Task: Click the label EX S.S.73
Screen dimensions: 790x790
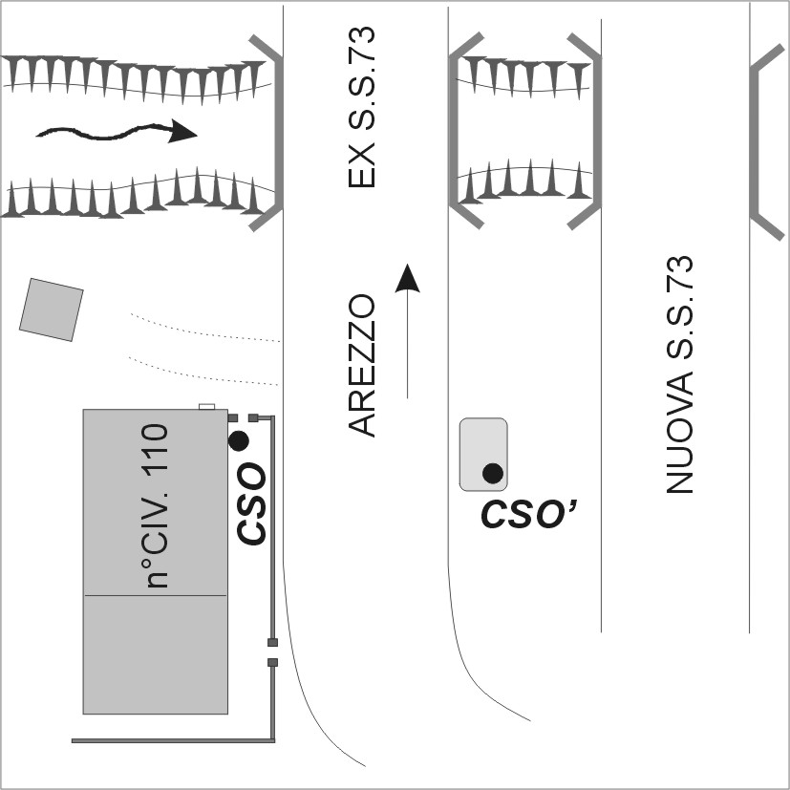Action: pyautogui.click(x=363, y=108)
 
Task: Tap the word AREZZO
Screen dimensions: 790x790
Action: pyautogui.click(x=363, y=366)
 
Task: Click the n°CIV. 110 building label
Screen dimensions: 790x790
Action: pyautogui.click(x=155, y=506)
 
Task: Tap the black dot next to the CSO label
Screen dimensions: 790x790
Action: pyautogui.click(x=239, y=440)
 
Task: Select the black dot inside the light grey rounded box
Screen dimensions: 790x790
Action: pyautogui.click(x=493, y=472)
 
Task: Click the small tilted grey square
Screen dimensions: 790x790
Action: pyautogui.click(x=52, y=310)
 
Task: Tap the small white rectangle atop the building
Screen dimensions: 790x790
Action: pyautogui.click(x=207, y=407)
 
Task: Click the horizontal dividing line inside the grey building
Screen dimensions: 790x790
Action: pyautogui.click(x=156, y=595)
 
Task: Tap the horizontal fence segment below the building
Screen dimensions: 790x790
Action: pyautogui.click(x=172, y=740)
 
